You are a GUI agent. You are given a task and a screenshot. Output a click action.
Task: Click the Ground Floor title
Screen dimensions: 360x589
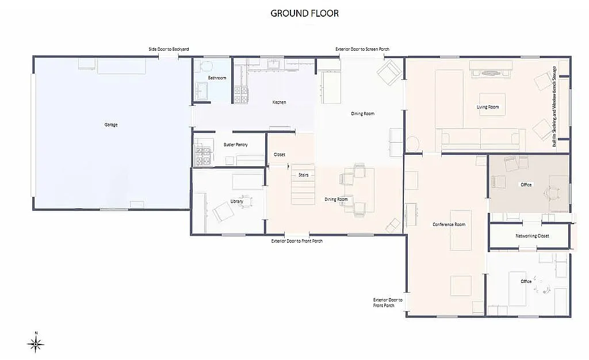(x=304, y=13)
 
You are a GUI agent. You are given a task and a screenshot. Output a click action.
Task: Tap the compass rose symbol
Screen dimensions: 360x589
(x=36, y=344)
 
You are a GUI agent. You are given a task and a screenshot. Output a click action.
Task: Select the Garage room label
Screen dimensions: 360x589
(x=111, y=125)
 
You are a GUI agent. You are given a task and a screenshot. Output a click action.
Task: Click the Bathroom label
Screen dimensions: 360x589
(x=217, y=78)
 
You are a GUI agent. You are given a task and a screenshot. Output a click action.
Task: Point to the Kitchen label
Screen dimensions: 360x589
(x=279, y=102)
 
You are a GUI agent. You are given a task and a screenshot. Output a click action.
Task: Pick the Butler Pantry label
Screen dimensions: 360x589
(x=236, y=145)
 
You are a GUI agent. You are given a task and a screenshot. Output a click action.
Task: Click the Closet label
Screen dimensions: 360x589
(x=280, y=155)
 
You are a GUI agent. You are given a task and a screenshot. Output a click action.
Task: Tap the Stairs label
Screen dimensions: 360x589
(x=304, y=174)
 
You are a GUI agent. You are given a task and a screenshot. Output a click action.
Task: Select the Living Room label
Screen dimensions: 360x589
(x=488, y=107)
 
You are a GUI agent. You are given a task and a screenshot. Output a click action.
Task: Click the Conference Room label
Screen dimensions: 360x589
(x=449, y=224)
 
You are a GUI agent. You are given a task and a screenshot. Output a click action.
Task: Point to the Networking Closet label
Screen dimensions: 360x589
(x=532, y=236)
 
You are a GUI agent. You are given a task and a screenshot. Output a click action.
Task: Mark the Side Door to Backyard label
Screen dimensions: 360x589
(x=169, y=49)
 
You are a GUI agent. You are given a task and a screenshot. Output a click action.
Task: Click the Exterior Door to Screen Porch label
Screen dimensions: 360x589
(x=362, y=49)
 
